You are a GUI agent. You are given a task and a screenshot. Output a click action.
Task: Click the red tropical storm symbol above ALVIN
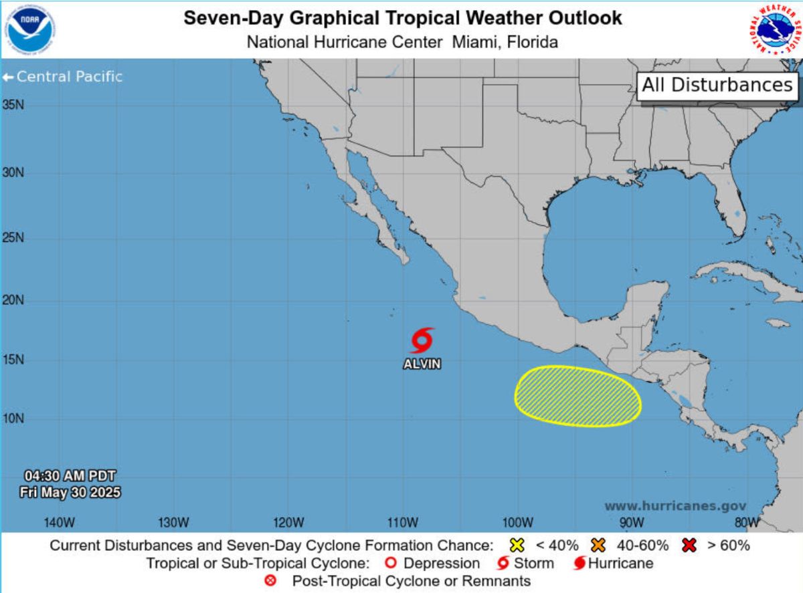tap(422, 340)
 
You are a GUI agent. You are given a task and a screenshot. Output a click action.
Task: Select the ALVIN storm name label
tap(422, 364)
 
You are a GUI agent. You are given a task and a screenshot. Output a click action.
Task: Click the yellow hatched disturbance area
tap(577, 396)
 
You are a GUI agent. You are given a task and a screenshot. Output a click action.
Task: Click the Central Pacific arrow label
tap(63, 77)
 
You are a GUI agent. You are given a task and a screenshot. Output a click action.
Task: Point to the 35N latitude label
tap(13, 105)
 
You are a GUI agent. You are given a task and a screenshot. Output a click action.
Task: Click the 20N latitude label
tap(13, 301)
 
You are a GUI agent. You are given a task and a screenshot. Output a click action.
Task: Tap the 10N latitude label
tap(13, 419)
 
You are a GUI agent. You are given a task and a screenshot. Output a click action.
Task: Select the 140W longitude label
tap(59, 521)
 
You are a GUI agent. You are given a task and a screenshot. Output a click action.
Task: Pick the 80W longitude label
tap(746, 521)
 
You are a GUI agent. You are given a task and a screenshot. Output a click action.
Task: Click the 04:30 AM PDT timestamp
tap(70, 476)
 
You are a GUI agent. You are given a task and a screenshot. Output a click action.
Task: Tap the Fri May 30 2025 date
tap(70, 493)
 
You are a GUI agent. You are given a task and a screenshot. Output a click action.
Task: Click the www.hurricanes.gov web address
tap(675, 507)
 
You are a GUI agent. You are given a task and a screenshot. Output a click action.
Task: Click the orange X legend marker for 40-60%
tap(598, 545)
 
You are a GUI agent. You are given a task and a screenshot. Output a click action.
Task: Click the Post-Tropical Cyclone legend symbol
tap(270, 581)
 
